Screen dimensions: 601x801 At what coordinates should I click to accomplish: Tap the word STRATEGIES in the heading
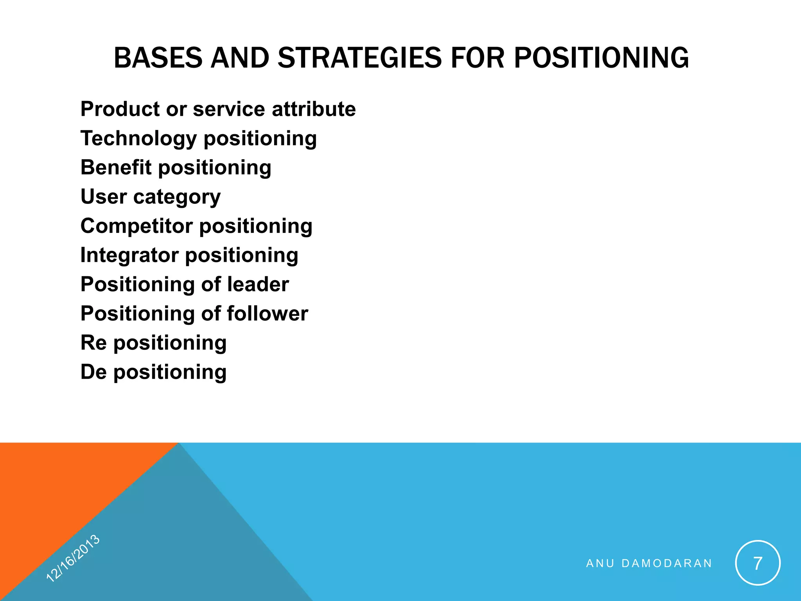360,58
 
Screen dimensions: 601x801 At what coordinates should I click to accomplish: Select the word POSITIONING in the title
601,58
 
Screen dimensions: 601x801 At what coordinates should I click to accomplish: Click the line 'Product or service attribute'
218,109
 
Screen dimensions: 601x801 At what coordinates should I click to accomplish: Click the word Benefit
115,167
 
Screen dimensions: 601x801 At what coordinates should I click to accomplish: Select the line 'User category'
151,197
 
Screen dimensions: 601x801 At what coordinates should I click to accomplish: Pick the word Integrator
129,255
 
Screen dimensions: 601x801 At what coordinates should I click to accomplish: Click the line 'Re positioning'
153,343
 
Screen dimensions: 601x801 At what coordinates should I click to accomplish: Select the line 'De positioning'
153,372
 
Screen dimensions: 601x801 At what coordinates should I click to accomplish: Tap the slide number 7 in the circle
758,563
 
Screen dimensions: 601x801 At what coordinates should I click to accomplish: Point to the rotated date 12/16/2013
73,558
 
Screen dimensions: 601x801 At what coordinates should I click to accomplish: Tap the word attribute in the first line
314,109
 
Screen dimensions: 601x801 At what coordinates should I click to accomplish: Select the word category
177,197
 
